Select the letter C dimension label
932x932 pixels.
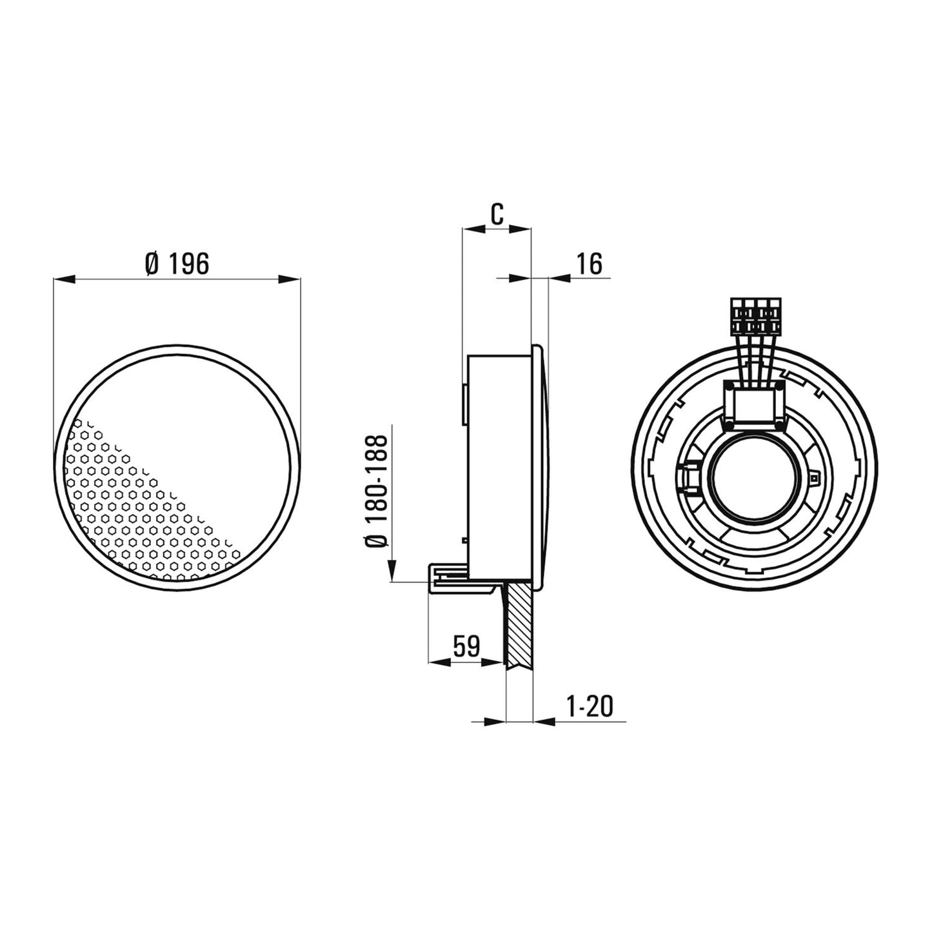coord(496,214)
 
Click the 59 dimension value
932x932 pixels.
coord(466,646)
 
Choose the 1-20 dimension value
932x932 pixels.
coord(590,707)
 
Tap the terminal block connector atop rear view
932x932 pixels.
coord(755,316)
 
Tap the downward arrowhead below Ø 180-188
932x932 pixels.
coord(392,571)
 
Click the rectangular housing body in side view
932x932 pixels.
coord(500,464)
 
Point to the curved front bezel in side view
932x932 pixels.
coord(542,464)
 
